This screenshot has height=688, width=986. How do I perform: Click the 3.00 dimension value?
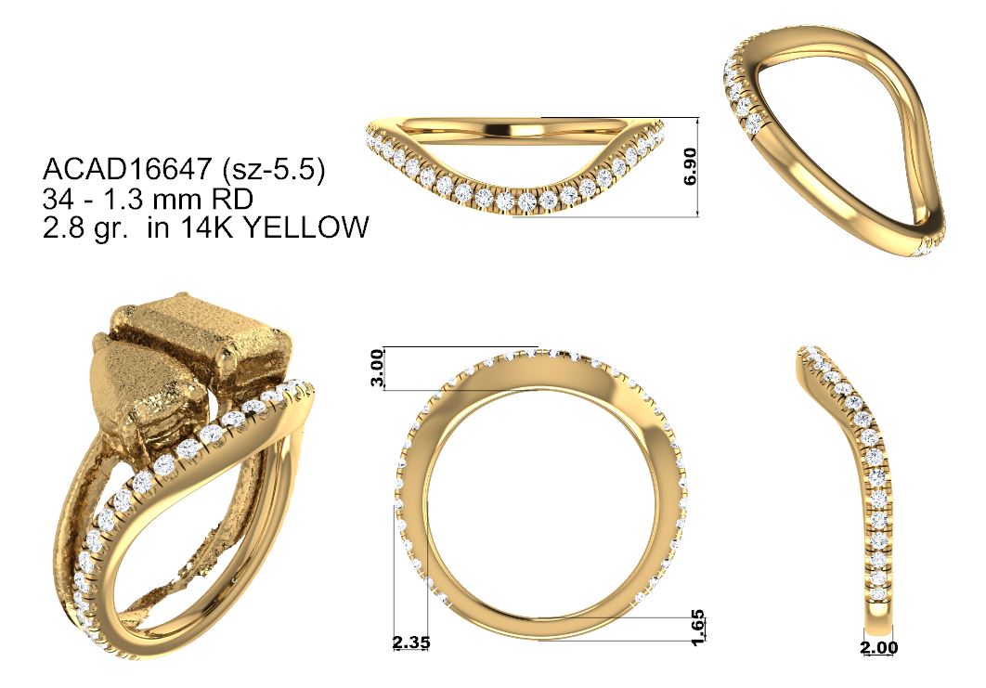pos(377,369)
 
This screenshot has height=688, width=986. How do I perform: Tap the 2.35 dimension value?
pos(411,643)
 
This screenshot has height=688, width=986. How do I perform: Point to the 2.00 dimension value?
pos(880,647)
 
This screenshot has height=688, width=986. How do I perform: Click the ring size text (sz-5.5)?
pos(272,170)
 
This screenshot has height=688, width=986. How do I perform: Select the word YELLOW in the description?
pos(305,227)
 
